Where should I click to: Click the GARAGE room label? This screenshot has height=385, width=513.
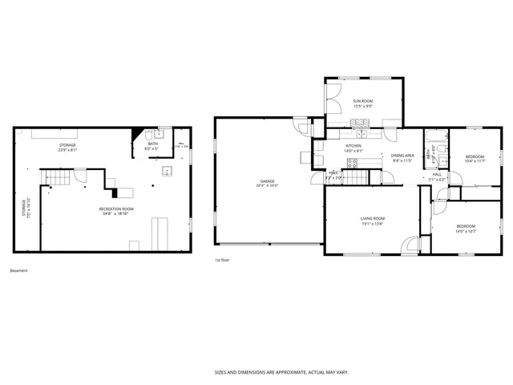click(x=267, y=181)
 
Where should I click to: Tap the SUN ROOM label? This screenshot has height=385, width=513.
click(x=363, y=101)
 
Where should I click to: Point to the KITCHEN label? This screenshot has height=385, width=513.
click(x=353, y=146)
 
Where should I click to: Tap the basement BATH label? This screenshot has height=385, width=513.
click(x=152, y=144)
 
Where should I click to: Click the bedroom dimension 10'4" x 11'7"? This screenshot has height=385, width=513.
click(x=475, y=161)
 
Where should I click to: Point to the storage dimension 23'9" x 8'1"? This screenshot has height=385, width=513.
click(x=67, y=150)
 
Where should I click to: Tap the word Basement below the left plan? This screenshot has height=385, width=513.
click(x=18, y=270)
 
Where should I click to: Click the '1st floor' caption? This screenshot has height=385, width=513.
click(x=223, y=261)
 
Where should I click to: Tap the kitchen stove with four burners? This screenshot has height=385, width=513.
click(x=351, y=163)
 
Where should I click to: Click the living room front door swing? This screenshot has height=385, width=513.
click(x=411, y=245)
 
